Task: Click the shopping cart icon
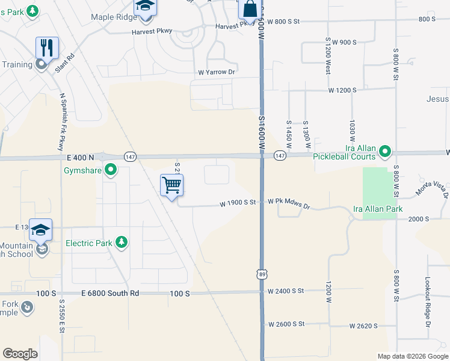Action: pos(172,185)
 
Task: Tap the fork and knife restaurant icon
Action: pos(46,47)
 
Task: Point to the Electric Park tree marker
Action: pos(122,243)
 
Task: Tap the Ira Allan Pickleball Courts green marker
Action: pos(386,151)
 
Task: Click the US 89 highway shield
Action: pos(262,273)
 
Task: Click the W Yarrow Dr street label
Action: pos(216,72)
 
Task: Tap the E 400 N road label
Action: pos(82,157)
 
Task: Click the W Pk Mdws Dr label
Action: pos(288,204)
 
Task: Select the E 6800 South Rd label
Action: pos(110,293)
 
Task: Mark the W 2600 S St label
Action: pos(288,324)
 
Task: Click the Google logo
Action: pos(20,353)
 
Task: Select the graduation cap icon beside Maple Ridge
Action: pos(144,6)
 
